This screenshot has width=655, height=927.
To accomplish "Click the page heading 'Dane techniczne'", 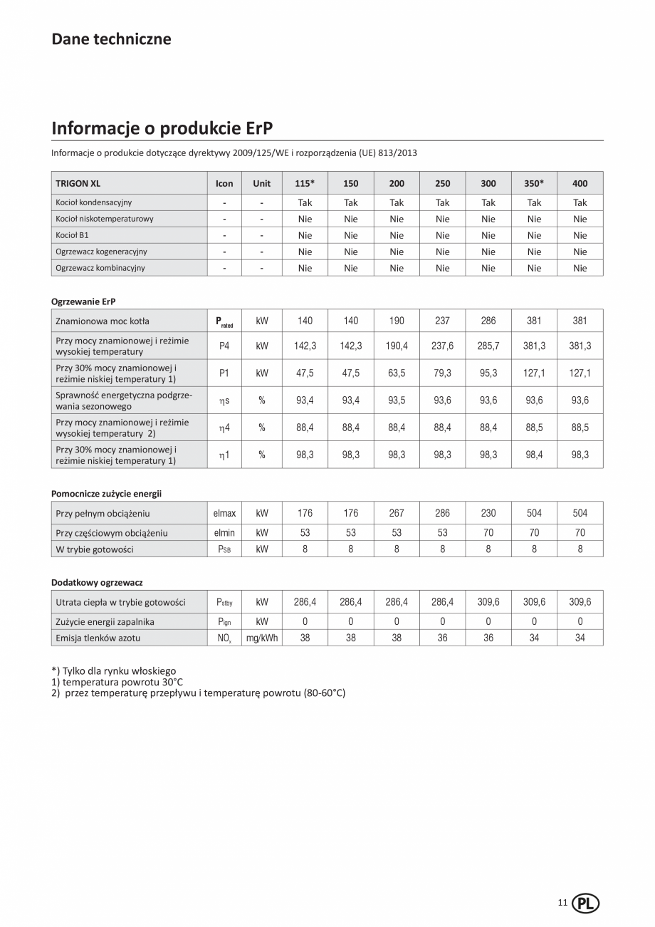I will tap(111, 39).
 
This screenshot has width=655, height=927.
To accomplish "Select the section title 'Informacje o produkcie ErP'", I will tap(162, 128).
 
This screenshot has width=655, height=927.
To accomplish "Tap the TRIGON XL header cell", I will tap(78, 183).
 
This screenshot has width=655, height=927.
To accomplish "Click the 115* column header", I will tap(305, 183).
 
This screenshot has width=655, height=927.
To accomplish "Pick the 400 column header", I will tap(580, 183).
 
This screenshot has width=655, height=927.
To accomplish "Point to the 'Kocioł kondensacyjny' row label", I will tap(94, 202).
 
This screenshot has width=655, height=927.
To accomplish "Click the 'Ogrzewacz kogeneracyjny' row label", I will tap(102, 252).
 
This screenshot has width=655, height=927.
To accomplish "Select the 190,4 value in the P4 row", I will tap(397, 346).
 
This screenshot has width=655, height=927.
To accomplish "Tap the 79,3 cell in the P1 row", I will tap(442, 373).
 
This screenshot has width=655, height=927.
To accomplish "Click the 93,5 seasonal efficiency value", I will tap(397, 400).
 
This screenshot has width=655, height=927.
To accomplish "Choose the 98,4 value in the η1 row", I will tap(534, 455).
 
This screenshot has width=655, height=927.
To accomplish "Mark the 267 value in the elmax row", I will tap(397, 513).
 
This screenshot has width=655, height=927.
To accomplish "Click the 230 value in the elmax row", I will tap(488, 513).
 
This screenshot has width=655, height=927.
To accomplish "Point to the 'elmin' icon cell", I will tap(224, 532).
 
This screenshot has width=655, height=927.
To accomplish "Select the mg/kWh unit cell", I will tap(262, 638).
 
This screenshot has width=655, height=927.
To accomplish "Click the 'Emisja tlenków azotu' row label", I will tap(98, 638).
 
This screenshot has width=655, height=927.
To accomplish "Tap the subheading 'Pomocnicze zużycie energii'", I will tap(107, 493).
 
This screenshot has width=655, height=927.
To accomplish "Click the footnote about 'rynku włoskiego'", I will tap(114, 671).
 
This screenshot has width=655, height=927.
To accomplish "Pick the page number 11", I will tap(562, 903).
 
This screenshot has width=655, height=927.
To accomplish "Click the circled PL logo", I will tap(586, 903).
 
